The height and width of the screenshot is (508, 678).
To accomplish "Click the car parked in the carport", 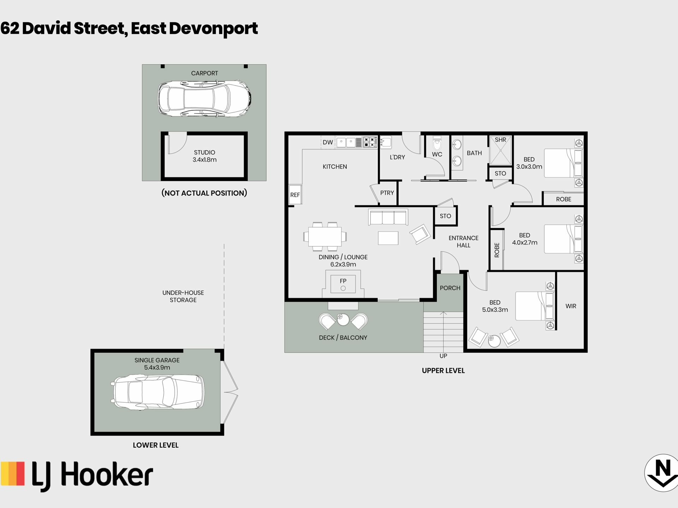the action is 204,98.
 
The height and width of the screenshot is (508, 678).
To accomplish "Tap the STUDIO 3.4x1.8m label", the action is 204,156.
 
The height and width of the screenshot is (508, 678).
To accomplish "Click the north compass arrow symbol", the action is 662,473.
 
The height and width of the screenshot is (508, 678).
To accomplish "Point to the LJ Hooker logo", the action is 77,476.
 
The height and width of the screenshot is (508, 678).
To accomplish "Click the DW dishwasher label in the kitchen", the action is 328,142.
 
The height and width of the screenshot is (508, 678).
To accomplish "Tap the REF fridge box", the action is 295,194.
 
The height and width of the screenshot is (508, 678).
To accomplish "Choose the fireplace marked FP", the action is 343,284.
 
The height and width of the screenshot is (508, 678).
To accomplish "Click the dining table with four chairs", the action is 325,236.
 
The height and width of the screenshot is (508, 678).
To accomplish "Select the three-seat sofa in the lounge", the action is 388,217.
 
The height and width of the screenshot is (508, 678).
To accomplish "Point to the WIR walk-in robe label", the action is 571,306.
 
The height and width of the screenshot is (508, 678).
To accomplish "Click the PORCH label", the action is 450,288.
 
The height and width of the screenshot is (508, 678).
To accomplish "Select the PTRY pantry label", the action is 387,193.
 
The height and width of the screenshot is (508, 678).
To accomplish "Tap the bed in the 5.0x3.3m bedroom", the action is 535,306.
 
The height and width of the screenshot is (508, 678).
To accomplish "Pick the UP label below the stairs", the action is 443,356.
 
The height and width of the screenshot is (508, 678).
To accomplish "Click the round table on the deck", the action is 343,320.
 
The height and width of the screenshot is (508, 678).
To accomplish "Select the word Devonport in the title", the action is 214,29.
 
